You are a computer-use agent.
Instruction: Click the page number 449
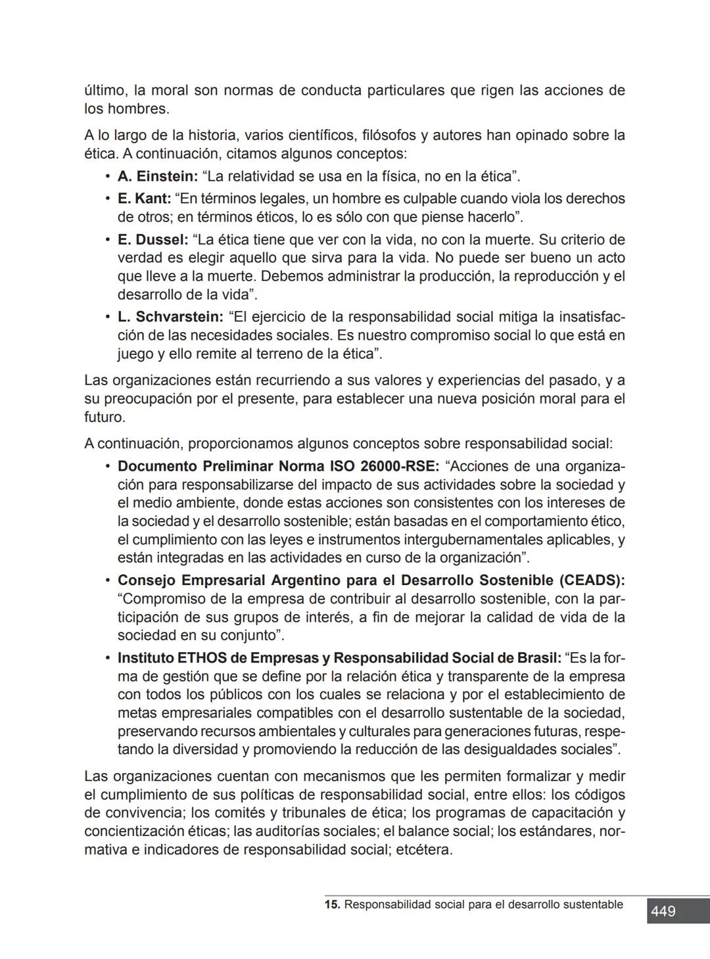tap(663, 911)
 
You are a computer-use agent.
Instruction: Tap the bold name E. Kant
tap(144, 199)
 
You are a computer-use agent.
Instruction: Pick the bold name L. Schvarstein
tap(170, 317)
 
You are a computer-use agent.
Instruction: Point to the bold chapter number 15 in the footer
tap(332, 904)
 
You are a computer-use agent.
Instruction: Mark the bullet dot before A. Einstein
tap(106, 176)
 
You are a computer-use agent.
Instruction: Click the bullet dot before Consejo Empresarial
tap(106, 580)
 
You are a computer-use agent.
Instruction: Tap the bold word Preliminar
tap(237, 466)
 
